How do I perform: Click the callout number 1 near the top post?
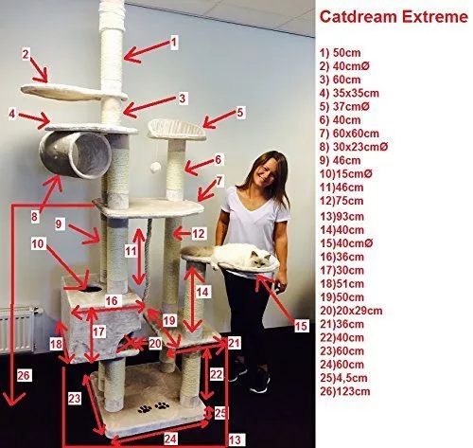click(174, 42)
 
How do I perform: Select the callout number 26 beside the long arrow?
click(24, 376)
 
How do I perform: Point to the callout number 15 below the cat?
click(301, 326)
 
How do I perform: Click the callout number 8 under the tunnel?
click(34, 217)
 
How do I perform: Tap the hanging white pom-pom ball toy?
click(155, 168)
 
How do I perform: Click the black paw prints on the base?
click(153, 407)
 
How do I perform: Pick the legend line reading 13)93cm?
click(342, 217)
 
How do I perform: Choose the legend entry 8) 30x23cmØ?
click(354, 147)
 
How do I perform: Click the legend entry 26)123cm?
click(345, 392)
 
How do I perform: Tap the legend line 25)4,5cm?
click(343, 378)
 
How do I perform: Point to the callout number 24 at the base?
click(170, 439)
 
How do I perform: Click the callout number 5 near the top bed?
click(240, 113)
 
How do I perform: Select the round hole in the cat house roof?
click(93, 288)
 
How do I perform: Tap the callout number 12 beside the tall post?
click(199, 234)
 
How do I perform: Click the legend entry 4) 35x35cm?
click(349, 93)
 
